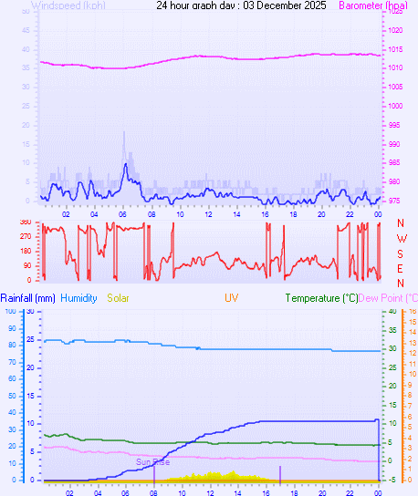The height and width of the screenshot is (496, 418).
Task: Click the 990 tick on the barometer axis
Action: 395,144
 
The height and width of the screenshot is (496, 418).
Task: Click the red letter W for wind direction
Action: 401,239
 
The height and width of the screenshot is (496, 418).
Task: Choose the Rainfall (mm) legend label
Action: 27,298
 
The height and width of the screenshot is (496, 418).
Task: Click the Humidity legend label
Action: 79,298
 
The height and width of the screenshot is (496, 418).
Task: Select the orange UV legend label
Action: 233,297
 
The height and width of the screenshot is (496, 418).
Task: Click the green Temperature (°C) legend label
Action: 321,298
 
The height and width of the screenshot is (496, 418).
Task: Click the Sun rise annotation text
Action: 153,462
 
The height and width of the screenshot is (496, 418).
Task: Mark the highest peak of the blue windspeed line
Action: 125,164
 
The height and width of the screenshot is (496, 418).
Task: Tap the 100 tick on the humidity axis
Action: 10,311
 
